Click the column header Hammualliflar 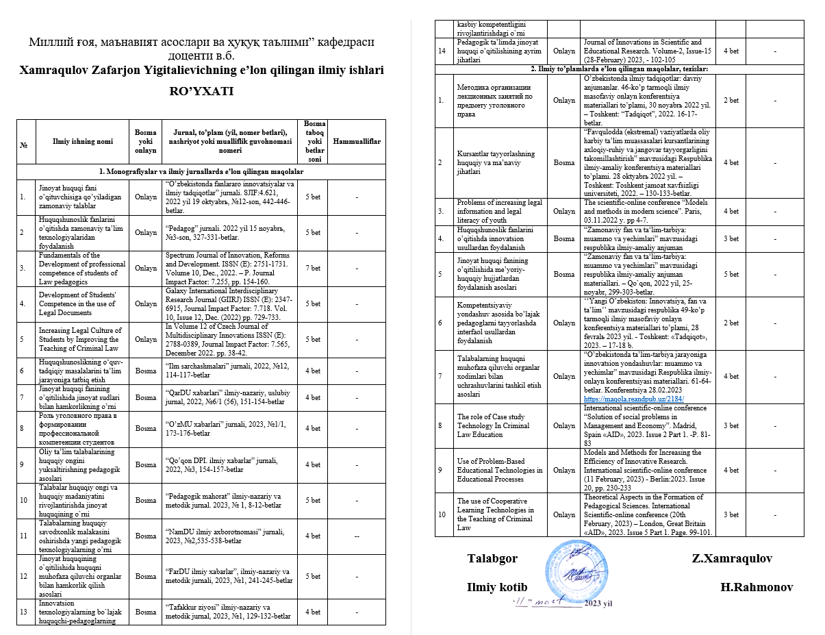tap(356, 141)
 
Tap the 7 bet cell tap(312, 268)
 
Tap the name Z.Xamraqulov tap(733, 558)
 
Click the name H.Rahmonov tap(757, 587)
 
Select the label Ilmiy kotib tap(497, 587)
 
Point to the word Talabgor tap(492, 558)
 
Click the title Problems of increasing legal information tap(499, 211)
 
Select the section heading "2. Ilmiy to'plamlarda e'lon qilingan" tap(619, 69)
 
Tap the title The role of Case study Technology tap(499, 425)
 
